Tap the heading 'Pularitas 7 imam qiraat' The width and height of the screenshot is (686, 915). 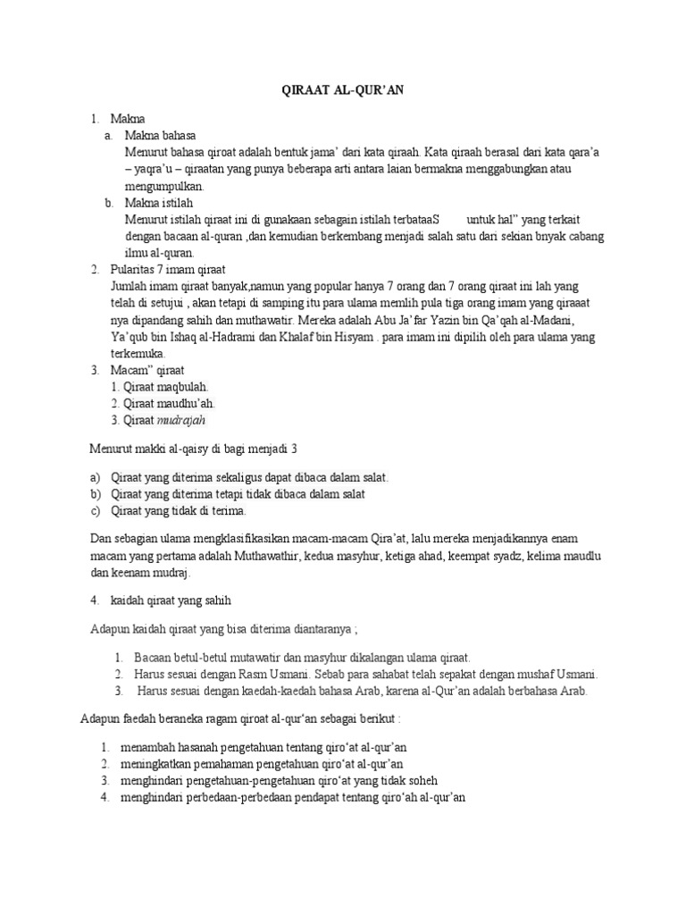point(168,269)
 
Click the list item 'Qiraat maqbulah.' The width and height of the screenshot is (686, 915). point(160,386)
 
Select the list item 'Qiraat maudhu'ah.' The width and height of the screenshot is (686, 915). point(163,403)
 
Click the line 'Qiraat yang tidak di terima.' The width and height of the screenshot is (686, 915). point(178,511)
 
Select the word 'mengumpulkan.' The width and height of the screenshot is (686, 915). point(166,186)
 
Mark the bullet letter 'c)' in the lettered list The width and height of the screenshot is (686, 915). point(96,511)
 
